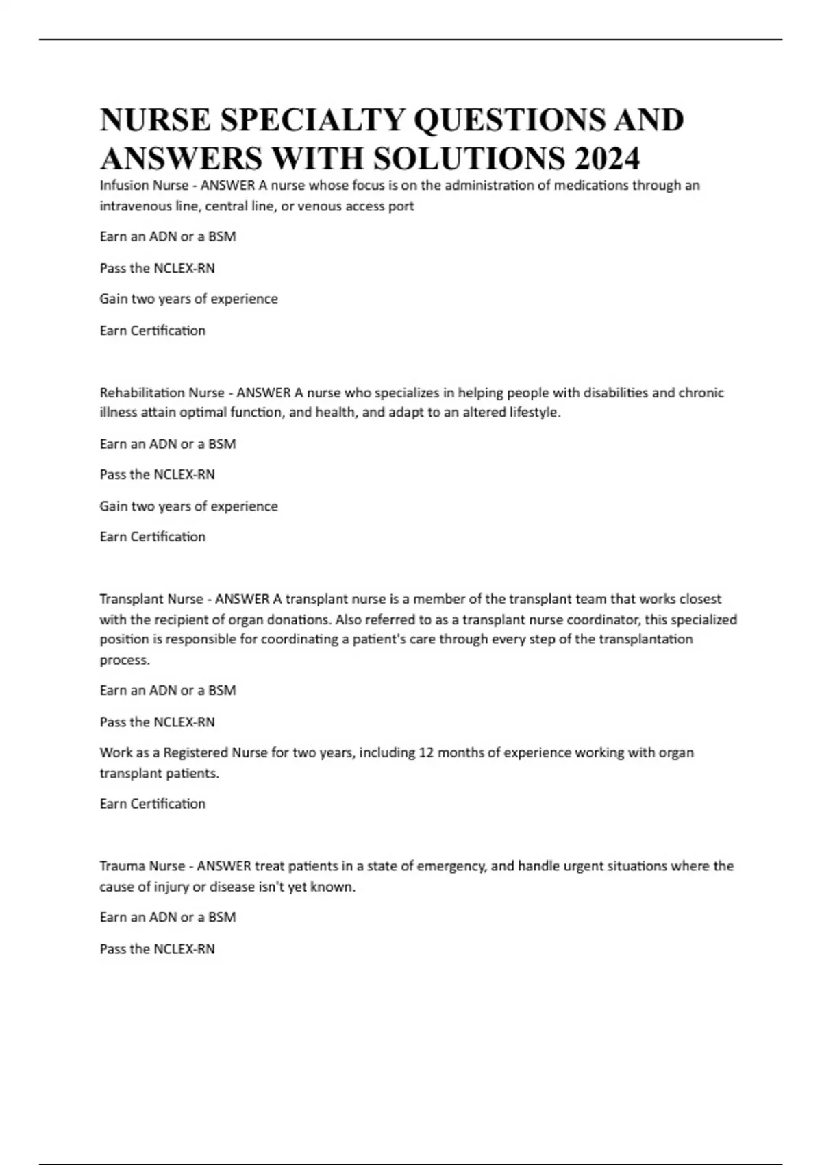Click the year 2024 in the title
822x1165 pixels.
[608, 158]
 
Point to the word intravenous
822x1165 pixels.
[135, 206]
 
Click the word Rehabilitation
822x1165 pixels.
[142, 393]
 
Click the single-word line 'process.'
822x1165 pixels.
[125, 660]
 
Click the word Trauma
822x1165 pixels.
[122, 866]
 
